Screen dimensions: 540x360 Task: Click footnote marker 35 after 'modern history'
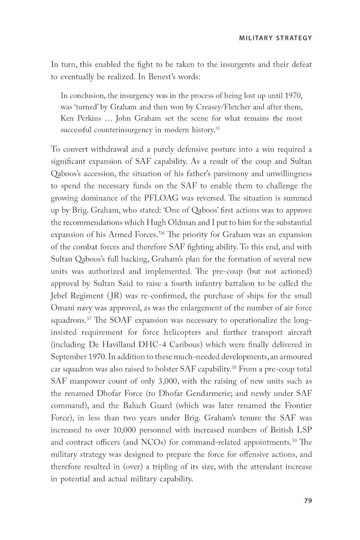coord(218,128)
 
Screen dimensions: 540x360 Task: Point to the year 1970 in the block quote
coord(293,96)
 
